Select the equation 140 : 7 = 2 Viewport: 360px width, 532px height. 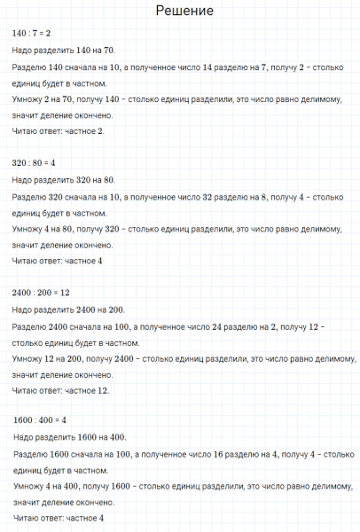pos(31,33)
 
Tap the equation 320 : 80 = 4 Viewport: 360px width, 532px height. pos(35,162)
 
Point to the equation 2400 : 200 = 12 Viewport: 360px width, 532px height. pos(41,292)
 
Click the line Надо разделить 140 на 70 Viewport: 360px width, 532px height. pos(64,51)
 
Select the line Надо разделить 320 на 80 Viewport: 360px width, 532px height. pos(64,180)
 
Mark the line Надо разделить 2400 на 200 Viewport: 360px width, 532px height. pos(69,309)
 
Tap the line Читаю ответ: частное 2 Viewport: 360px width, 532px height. pos(58,131)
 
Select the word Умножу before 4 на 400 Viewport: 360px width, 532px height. pos(32,487)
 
